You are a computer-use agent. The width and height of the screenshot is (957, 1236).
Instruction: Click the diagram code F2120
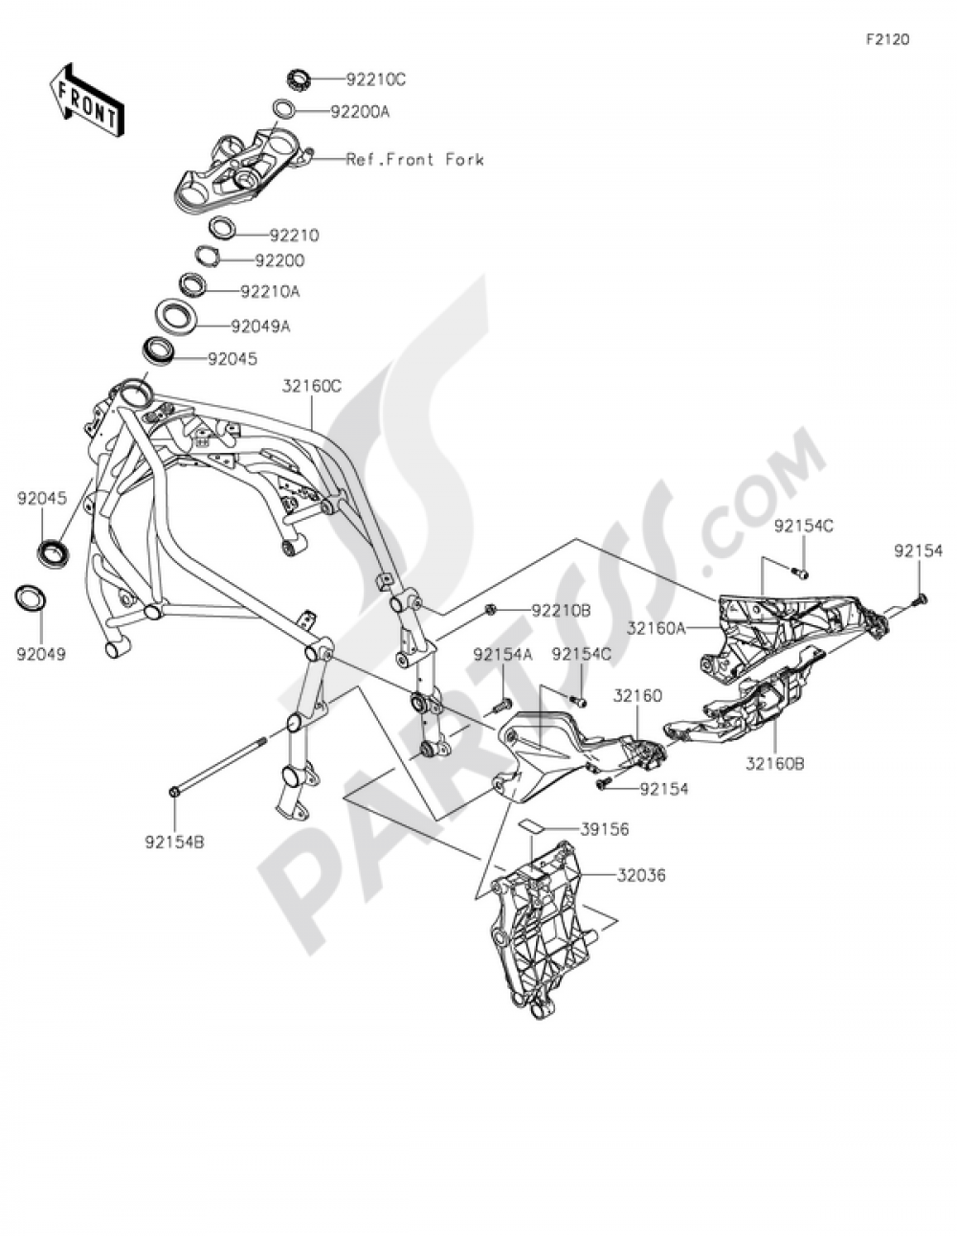[887, 39]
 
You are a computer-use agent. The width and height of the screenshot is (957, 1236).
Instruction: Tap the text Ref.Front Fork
[414, 160]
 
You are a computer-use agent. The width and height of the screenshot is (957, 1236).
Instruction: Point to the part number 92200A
[360, 112]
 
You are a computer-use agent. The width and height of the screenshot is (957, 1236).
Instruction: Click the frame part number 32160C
[312, 387]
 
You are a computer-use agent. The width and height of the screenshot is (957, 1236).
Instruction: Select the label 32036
[641, 875]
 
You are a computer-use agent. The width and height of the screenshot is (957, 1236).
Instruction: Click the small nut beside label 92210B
[490, 609]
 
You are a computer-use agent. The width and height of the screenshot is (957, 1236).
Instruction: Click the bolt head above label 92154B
[173, 791]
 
